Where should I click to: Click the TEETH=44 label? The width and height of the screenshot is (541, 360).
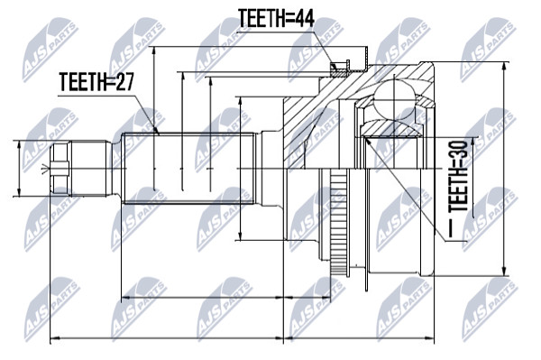(276, 18)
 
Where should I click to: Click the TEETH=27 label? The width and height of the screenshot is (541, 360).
(96, 82)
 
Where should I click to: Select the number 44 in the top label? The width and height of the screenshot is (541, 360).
(302, 18)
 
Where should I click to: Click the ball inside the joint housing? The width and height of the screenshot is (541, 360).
(394, 100)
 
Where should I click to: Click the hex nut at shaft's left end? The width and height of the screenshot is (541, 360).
(60, 169)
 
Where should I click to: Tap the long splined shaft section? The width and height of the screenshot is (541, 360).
(188, 169)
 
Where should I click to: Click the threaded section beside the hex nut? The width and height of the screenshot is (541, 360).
(88, 169)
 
